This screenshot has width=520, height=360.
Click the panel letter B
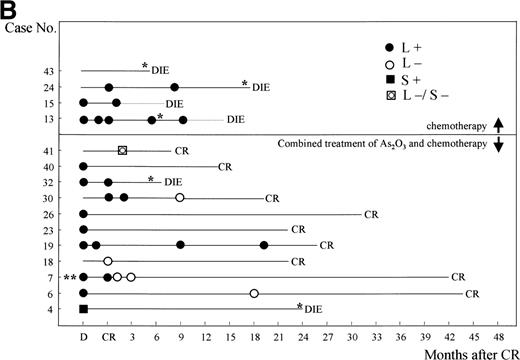[11, 9]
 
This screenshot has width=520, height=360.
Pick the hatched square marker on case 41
[122, 150]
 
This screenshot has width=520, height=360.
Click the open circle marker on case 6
[254, 293]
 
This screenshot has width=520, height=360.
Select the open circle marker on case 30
[180, 198]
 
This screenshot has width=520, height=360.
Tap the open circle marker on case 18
[108, 261]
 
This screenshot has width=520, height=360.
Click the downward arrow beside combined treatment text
[499, 143]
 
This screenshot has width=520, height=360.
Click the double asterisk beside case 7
[69, 277]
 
